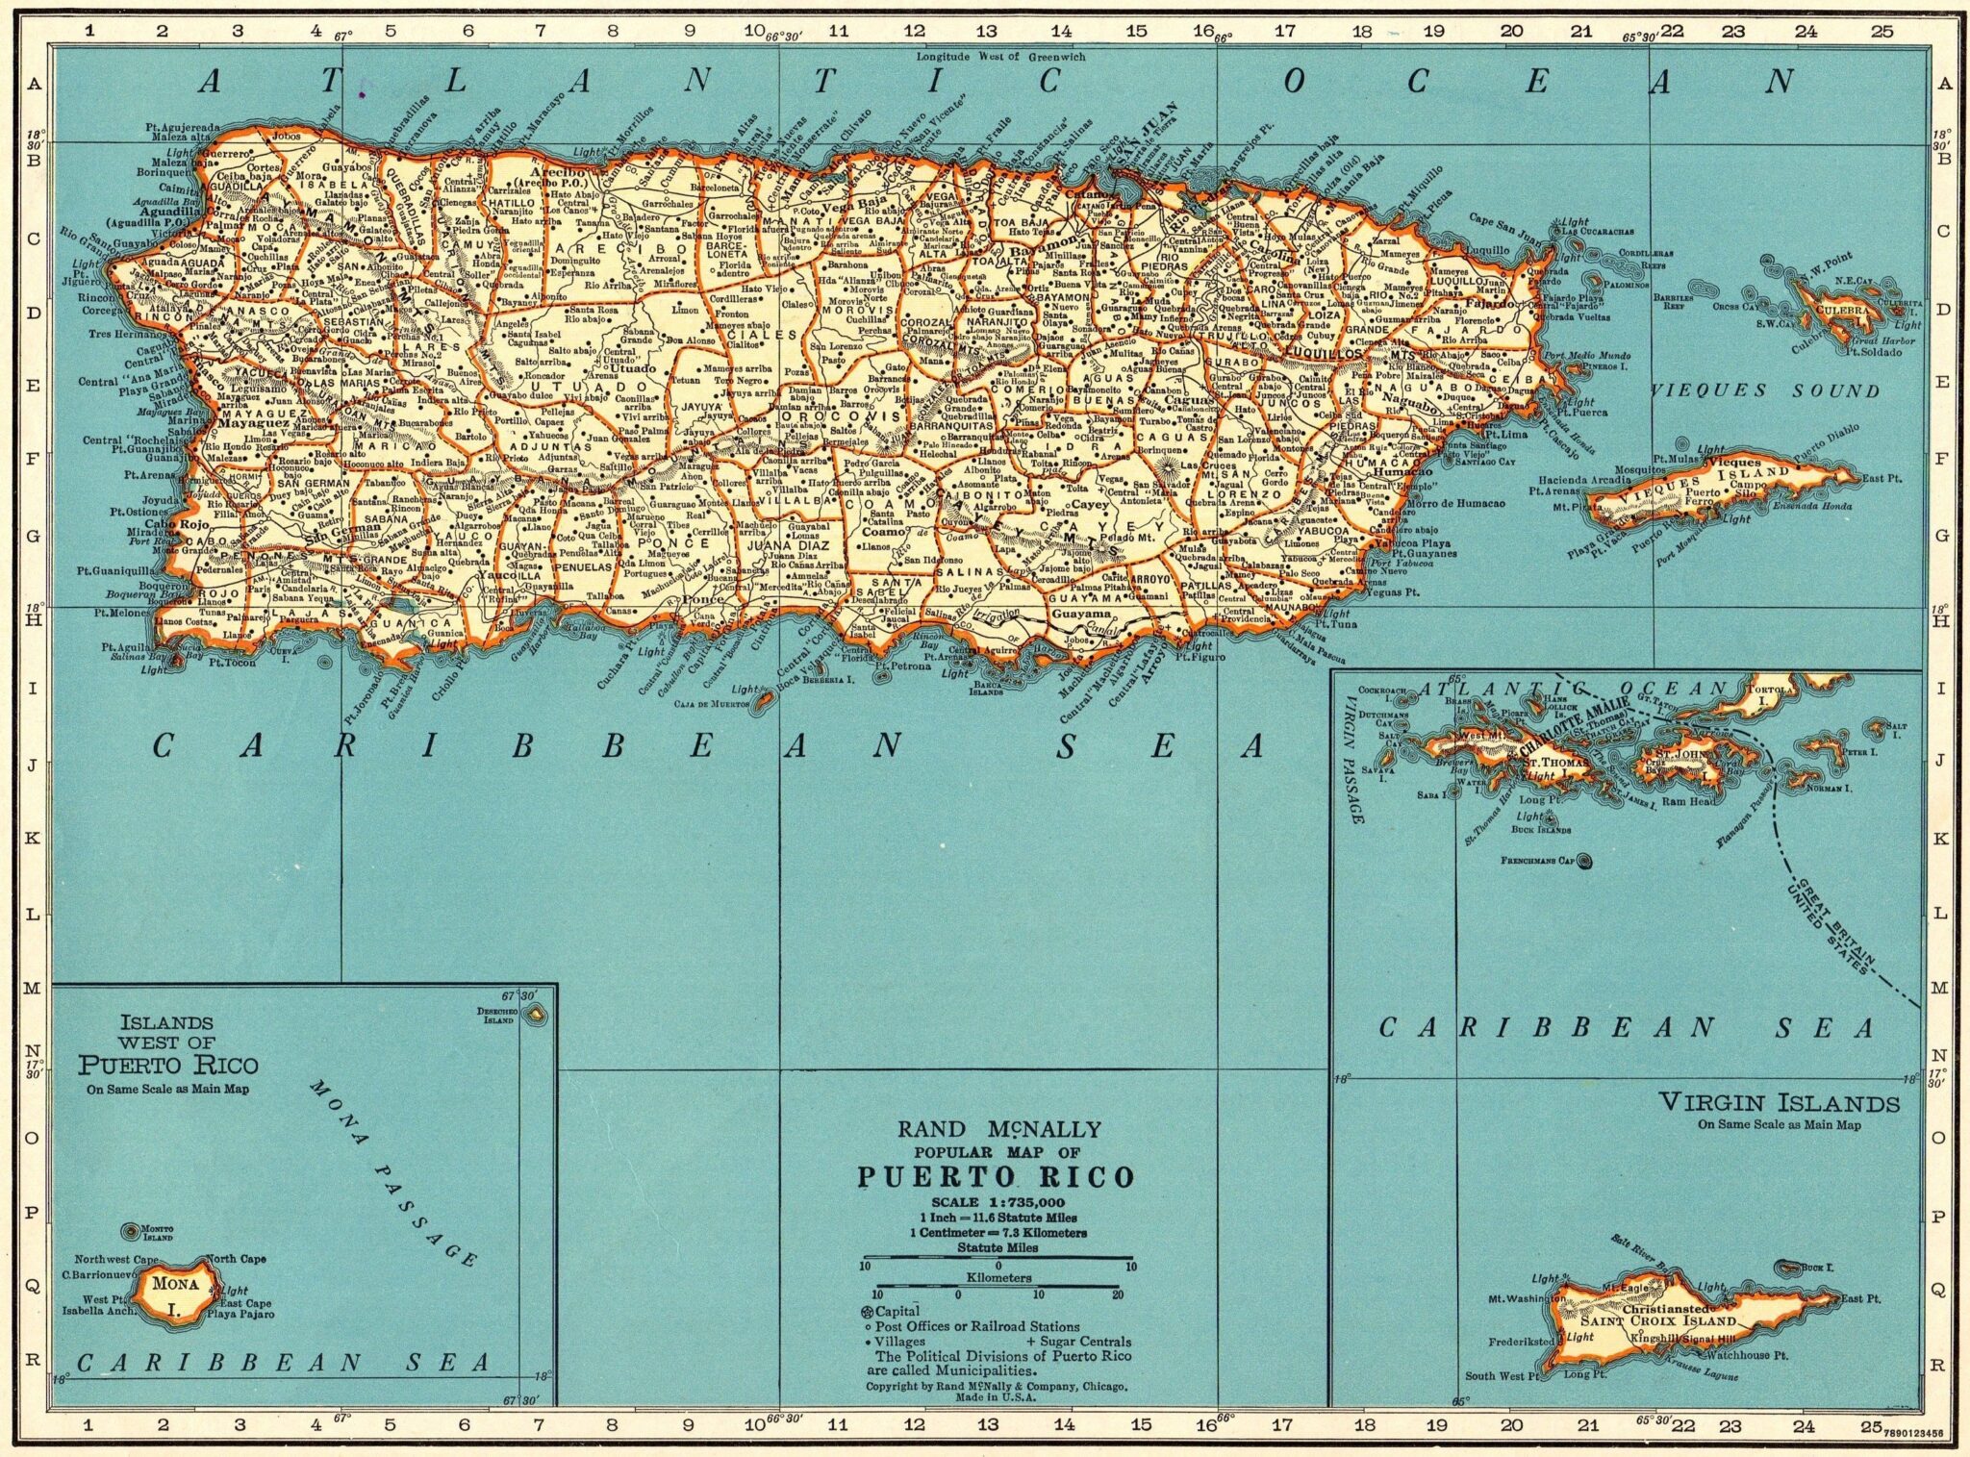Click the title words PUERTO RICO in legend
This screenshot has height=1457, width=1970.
pos(996,1177)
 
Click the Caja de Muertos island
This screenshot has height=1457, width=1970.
pos(764,700)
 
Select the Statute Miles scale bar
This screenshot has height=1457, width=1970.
pos(998,1258)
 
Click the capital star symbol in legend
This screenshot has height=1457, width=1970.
pos(867,1312)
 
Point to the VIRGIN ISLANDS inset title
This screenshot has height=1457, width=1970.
pos(1779,1103)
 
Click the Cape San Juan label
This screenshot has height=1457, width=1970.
pos(1505,225)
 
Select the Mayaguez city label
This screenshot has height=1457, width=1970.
pos(253,422)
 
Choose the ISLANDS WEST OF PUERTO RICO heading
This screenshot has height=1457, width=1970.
pos(168,1044)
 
